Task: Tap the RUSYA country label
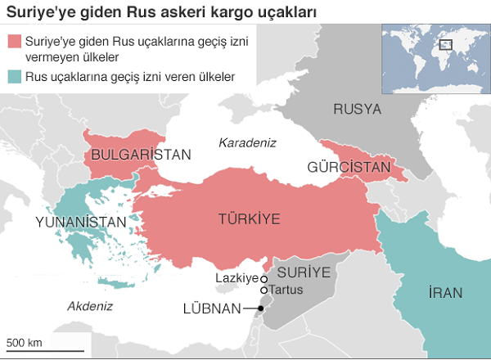(x=357, y=109)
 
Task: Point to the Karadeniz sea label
(x=247, y=142)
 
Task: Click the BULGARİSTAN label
(x=141, y=154)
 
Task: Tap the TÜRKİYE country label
(x=249, y=218)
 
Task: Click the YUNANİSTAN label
(x=81, y=222)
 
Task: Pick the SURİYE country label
(x=303, y=271)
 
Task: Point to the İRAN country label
(x=446, y=293)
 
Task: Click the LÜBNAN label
(x=212, y=308)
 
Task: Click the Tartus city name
(x=286, y=290)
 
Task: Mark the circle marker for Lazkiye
(x=264, y=280)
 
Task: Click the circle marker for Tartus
(x=264, y=290)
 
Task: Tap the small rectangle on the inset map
(x=446, y=45)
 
